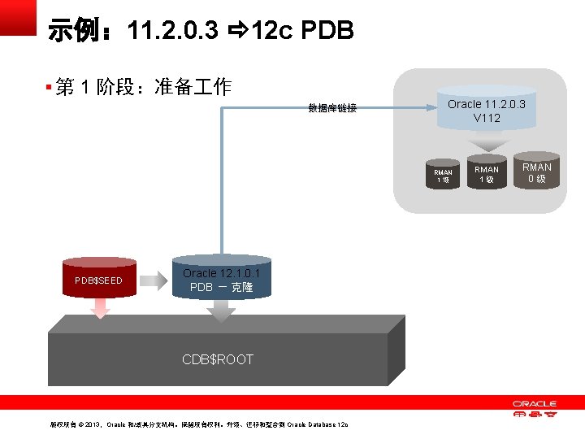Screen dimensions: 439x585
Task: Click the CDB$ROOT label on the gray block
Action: click(x=218, y=359)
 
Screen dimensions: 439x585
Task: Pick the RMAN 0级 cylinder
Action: click(x=537, y=173)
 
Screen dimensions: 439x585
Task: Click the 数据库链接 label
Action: click(x=332, y=108)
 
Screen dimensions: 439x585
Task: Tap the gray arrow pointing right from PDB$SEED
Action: click(x=152, y=281)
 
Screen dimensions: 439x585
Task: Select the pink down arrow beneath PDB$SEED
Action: click(x=100, y=309)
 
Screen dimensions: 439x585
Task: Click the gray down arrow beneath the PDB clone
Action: click(x=220, y=311)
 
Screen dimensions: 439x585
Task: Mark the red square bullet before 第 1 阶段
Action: click(x=49, y=86)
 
